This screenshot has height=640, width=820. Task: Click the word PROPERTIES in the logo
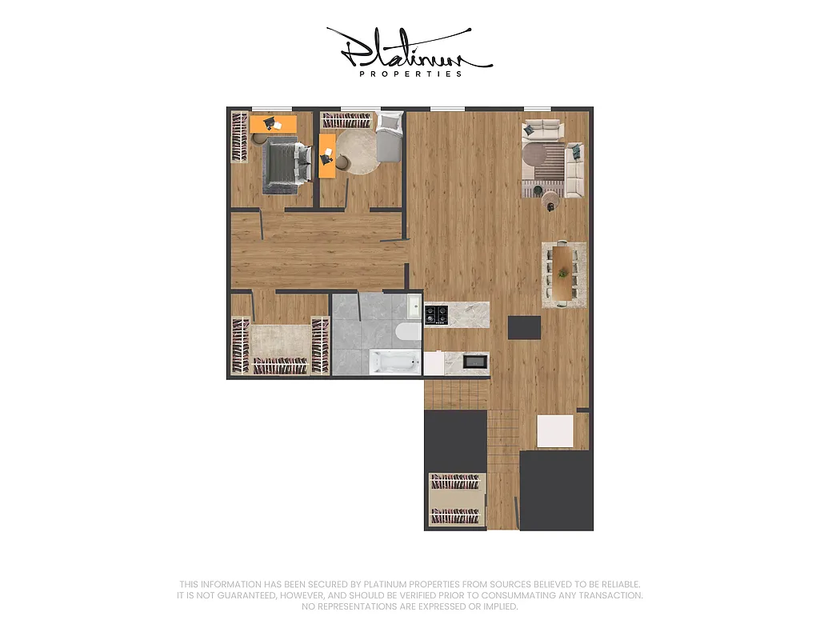pos(410,74)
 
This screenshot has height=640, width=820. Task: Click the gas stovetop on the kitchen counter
pos(436,314)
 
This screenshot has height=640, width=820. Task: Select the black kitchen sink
pos(476,362)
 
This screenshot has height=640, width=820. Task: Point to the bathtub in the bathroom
pos(394,362)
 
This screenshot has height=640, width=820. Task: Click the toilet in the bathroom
pos(406,331)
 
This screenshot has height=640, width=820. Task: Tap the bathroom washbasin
pos(414,304)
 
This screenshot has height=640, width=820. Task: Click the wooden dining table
pos(564,273)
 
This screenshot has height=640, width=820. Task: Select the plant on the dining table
pos(564,273)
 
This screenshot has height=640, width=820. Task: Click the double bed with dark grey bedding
pos(285,165)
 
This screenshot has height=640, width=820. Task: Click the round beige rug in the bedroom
pos(358,151)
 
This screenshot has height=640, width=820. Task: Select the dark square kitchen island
pos(525,327)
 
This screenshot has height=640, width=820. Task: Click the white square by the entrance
pos(555,430)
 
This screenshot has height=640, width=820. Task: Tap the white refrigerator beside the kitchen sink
pos(434,363)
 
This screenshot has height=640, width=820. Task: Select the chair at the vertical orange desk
pos(342,162)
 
